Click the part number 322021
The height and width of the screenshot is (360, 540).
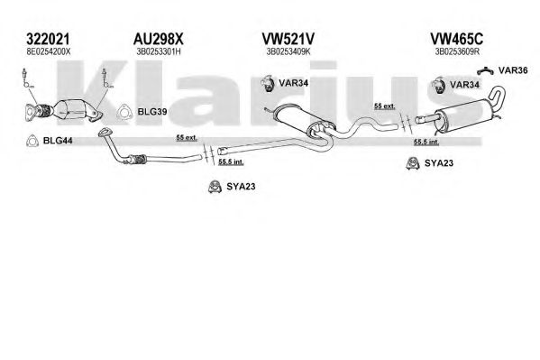coord(48,39)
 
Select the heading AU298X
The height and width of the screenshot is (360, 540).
coord(159,39)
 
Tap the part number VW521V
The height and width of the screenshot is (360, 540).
coord(288,39)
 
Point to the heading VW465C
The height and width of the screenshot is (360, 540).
coord(457,39)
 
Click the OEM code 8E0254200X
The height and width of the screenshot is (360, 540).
coord(48,52)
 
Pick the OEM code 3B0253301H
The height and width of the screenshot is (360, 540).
coord(159,52)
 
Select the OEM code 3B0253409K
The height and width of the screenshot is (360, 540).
coord(288,52)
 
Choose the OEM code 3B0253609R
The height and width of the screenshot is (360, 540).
coord(457,52)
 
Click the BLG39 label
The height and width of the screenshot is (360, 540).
coord(152,112)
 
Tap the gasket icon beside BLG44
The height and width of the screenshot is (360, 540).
coord(32,141)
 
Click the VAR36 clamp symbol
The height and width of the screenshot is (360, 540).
coord(486,71)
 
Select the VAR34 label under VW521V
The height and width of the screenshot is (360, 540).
coord(293,83)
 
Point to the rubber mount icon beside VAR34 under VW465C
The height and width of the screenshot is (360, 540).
coord(438,85)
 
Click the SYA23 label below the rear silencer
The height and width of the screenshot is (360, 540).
coord(439,163)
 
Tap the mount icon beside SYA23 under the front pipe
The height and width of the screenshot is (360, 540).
coord(215,187)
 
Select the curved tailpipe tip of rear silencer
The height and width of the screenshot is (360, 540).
coord(498,97)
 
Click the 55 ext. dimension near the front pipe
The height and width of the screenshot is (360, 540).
coord(187,137)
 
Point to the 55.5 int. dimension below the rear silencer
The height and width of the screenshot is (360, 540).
coord(426,142)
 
